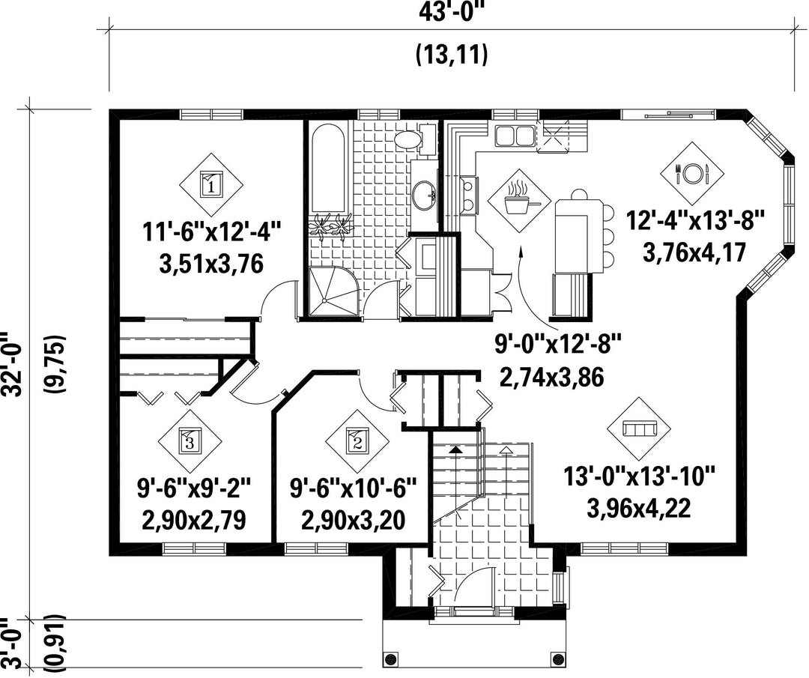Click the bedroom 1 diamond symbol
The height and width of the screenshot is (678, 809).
click(211, 184)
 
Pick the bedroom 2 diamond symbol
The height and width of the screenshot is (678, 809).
click(357, 441)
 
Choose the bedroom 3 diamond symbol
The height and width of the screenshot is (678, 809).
click(190, 441)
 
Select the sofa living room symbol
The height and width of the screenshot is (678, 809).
click(639, 429)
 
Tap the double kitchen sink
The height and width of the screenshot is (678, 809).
click(514, 136)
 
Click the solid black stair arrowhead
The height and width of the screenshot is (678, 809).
click(456, 450)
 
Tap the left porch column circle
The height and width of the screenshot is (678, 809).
click(390, 659)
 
